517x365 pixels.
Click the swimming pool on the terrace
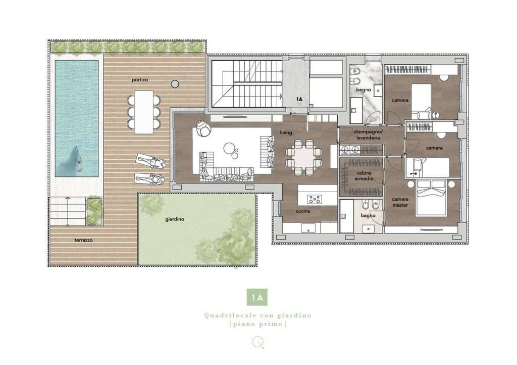[77, 118]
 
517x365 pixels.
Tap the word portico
[140, 80]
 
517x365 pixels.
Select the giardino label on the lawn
[175, 219]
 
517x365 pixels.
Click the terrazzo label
[83, 240]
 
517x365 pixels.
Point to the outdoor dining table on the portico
[144, 112]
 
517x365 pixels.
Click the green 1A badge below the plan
[257, 297]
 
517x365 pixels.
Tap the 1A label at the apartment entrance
[299, 99]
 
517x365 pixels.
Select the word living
[286, 132]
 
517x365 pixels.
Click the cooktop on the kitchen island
[314, 199]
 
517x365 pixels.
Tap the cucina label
[303, 211]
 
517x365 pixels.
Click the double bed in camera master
[431, 198]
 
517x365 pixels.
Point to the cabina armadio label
[364, 176]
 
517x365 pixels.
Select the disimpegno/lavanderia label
[368, 134]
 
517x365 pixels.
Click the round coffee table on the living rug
[229, 149]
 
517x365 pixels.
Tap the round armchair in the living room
[203, 128]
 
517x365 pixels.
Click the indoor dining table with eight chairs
[304, 157]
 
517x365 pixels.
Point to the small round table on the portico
[175, 84]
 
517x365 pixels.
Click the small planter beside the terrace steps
[94, 211]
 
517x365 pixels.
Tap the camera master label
[400, 202]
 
